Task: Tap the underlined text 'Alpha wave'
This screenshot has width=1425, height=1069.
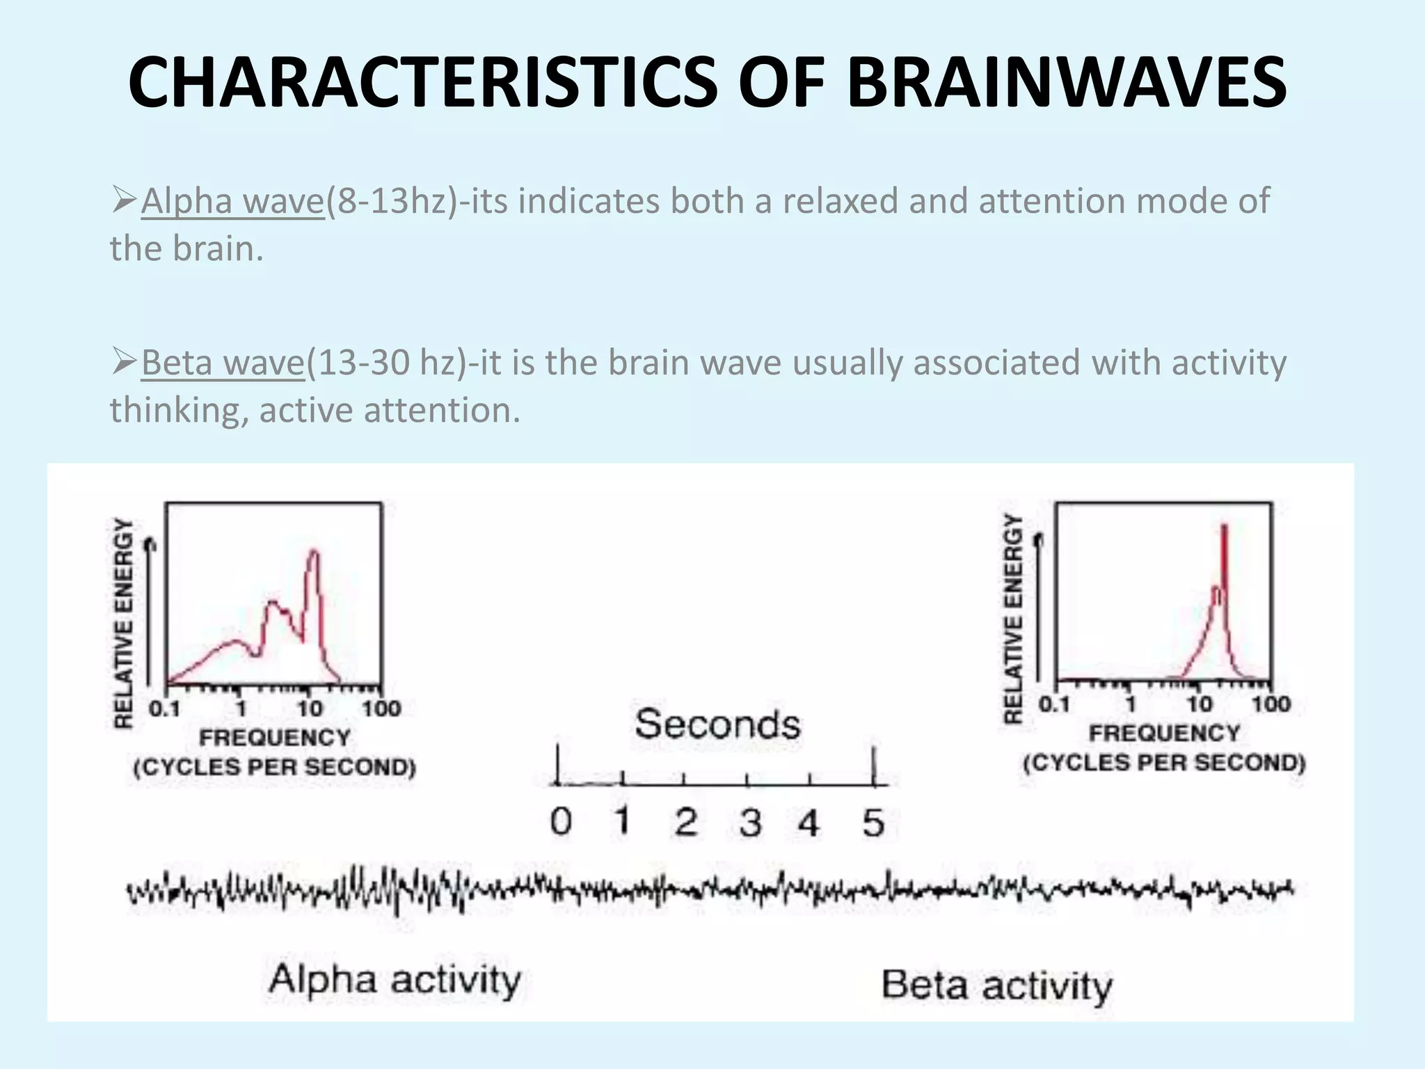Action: tap(232, 201)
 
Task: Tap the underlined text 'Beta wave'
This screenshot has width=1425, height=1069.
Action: tap(223, 363)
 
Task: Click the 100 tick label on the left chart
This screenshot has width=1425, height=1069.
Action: tap(381, 709)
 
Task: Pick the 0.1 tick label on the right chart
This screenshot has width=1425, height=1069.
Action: tap(1053, 704)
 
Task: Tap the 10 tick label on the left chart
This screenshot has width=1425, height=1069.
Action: tap(310, 709)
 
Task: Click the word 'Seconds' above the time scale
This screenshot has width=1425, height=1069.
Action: tap(717, 724)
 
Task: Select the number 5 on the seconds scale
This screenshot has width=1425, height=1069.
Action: tap(873, 823)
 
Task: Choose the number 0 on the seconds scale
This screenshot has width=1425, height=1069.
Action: tap(561, 822)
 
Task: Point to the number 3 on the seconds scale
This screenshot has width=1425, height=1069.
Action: tap(750, 823)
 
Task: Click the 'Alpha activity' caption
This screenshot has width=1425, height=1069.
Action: tap(395, 980)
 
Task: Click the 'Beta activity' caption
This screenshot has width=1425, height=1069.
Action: tap(996, 986)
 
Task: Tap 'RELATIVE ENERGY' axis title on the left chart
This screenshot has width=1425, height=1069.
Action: tap(123, 623)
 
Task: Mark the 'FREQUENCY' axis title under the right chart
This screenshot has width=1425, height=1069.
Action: tap(1164, 733)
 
